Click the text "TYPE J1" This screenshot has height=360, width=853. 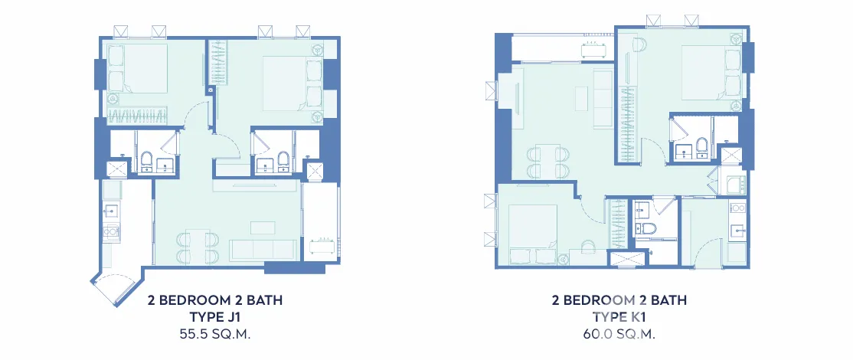(215, 317)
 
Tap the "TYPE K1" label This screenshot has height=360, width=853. (619, 317)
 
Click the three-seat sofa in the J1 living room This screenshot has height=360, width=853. (263, 250)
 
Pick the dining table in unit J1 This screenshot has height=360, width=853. (198, 247)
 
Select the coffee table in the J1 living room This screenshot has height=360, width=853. (263, 227)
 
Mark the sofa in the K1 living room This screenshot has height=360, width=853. (603, 99)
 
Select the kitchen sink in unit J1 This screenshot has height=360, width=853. (111, 211)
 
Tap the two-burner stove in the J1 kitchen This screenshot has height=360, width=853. (112, 231)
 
